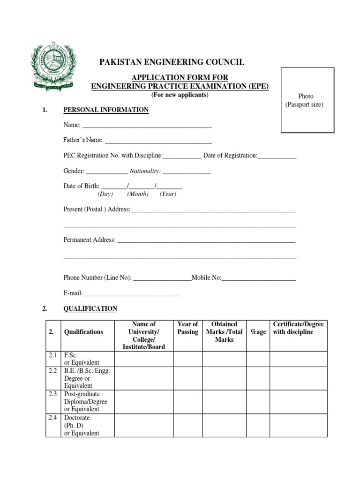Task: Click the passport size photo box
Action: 307,99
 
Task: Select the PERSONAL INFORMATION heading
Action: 106,110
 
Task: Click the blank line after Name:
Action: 147,126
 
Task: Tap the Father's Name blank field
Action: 158,141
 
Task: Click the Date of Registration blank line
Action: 277,156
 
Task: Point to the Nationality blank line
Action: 187,172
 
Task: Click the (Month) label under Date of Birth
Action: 138,194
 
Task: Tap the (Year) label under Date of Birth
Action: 168,194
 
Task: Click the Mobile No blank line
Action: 258,278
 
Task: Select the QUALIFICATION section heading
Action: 90,309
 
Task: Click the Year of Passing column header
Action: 188,328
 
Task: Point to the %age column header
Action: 258,332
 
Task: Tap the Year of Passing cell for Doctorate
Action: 188,425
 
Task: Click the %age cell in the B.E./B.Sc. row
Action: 258,378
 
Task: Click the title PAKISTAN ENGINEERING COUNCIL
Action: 171,62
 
